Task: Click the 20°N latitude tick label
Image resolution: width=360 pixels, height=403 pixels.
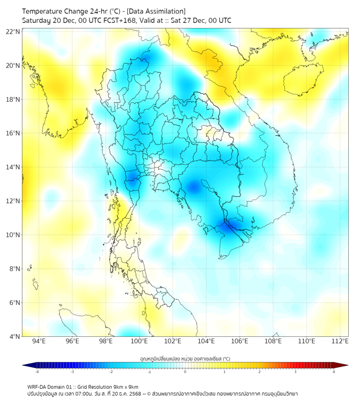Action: pyautogui.click(x=12, y=66)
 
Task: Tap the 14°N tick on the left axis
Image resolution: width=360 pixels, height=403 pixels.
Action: pyautogui.click(x=12, y=167)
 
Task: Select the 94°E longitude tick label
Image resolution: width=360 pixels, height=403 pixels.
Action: pyautogui.click(x=39, y=342)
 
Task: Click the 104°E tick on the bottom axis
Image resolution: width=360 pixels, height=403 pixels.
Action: pyautogui.click(x=206, y=342)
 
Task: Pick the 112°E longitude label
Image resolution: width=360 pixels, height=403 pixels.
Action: pyautogui.click(x=340, y=342)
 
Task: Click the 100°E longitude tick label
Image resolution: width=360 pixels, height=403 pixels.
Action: pyautogui.click(x=140, y=342)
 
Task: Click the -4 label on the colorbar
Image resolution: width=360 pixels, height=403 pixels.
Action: pyautogui.click(x=37, y=372)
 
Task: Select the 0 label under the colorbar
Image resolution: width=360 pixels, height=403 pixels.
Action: pyautogui.click(x=185, y=372)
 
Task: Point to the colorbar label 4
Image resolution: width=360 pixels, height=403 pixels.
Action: pyautogui.click(x=333, y=372)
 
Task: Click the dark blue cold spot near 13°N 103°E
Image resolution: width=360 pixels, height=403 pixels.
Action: pyautogui.click(x=193, y=187)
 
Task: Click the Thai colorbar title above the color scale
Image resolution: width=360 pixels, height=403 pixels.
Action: pyautogui.click(x=185, y=358)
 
